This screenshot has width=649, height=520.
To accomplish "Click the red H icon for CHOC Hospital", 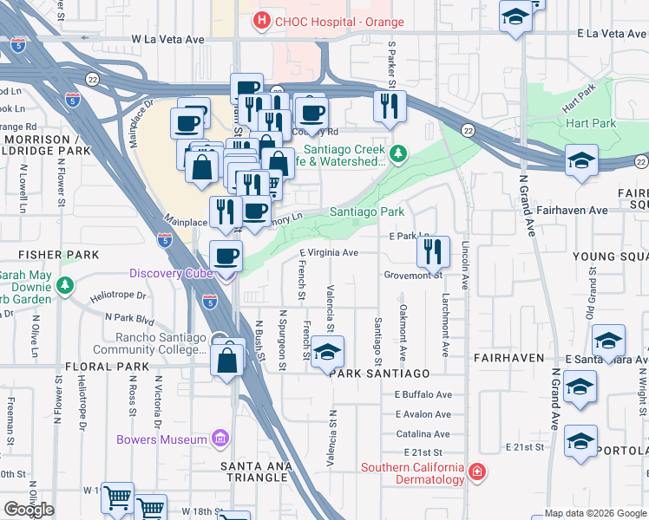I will tap(260, 20).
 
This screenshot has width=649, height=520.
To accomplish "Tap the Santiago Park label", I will tap(367, 211).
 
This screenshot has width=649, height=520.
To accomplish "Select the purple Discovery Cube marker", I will tap(226, 275).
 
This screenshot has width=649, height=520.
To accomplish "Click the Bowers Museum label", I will tap(162, 439).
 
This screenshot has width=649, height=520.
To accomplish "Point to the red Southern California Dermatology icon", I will tap(476, 472).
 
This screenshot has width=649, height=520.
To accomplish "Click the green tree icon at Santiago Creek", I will tap(397, 154).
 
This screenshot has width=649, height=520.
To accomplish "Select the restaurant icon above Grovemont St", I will tap(433, 250).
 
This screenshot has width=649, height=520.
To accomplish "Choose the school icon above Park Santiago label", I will tap(327, 352).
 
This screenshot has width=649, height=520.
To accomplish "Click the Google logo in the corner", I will tap(29, 510).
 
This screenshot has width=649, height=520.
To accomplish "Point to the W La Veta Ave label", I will tap(167, 39).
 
